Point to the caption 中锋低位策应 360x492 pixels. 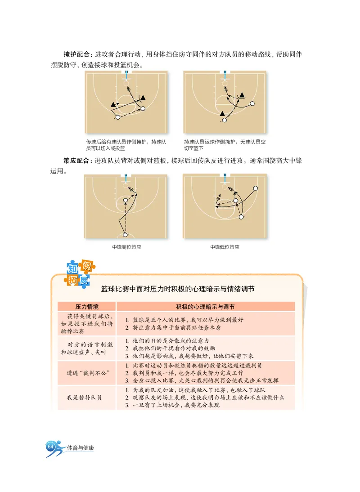tap(225, 247)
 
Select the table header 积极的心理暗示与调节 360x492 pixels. tap(205, 306)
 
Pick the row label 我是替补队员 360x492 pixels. tap(84, 398)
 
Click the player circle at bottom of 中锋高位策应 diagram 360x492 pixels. tap(126, 235)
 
